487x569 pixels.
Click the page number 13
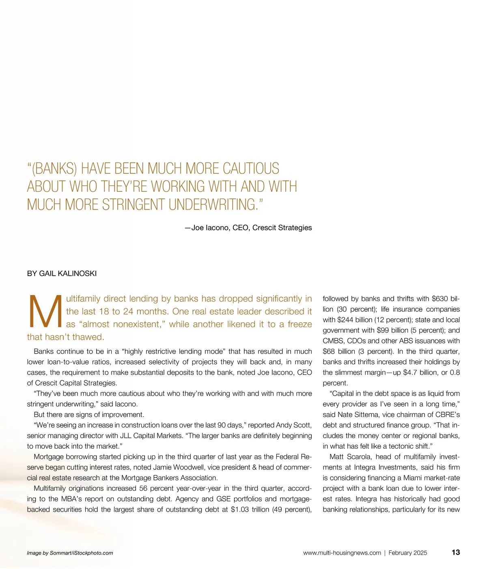pyautogui.click(x=455, y=552)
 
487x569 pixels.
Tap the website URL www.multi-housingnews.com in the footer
pyautogui.click(x=342, y=553)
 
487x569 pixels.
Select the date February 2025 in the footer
pyautogui.click(x=408, y=553)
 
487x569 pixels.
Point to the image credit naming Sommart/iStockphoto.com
pyautogui.click(x=70, y=553)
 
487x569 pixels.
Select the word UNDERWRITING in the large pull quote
pyautogui.click(x=213, y=204)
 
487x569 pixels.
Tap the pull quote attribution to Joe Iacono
pyautogui.click(x=248, y=228)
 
